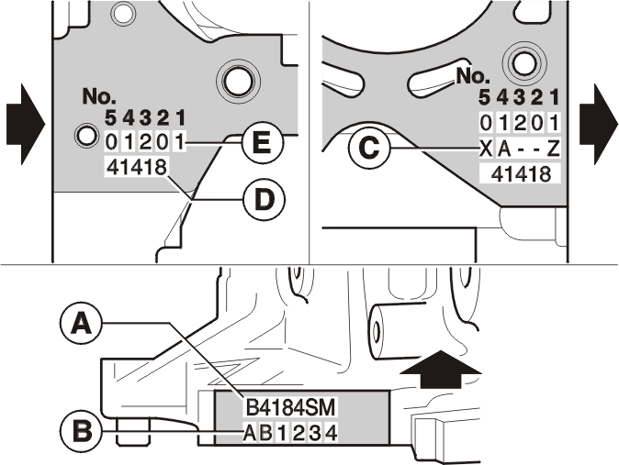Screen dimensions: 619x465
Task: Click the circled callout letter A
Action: point(82,324)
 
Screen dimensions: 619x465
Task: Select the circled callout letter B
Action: point(82,430)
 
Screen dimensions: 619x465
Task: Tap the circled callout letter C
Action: point(369,148)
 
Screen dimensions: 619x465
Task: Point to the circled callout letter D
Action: point(264,200)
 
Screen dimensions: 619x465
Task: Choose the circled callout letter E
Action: point(262,143)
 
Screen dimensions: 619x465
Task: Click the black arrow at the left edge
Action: point(26,124)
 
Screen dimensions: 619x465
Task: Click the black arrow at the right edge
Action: point(599,124)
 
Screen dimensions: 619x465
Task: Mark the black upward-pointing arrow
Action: point(441,369)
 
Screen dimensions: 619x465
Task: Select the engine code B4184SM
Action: point(290,408)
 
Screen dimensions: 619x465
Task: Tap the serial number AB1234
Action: point(290,433)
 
